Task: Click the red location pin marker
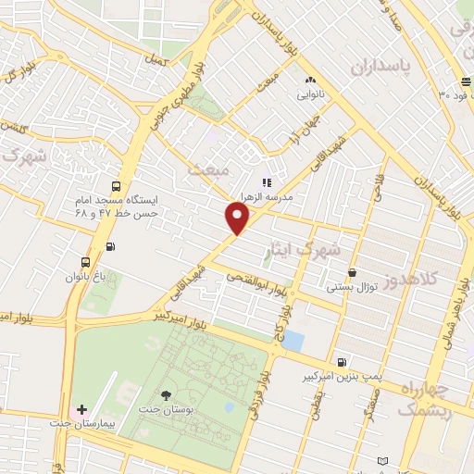point(238,218)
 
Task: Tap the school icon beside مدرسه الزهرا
point(266,183)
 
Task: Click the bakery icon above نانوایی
point(309,81)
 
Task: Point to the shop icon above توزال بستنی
point(353,272)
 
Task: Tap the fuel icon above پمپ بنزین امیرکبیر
point(343,362)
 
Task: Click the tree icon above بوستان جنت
point(166,394)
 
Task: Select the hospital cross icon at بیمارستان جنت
point(81,409)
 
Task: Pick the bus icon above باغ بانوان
point(86,261)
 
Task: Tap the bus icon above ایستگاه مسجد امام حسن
point(115,184)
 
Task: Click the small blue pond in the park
point(292,340)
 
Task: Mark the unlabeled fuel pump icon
point(112,246)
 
